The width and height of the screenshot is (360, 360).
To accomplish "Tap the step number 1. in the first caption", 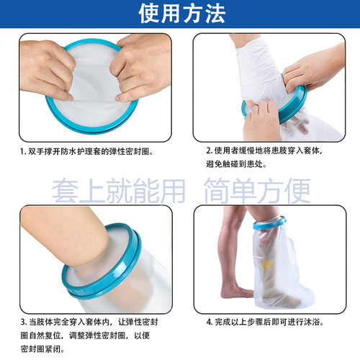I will (x=23, y=152).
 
